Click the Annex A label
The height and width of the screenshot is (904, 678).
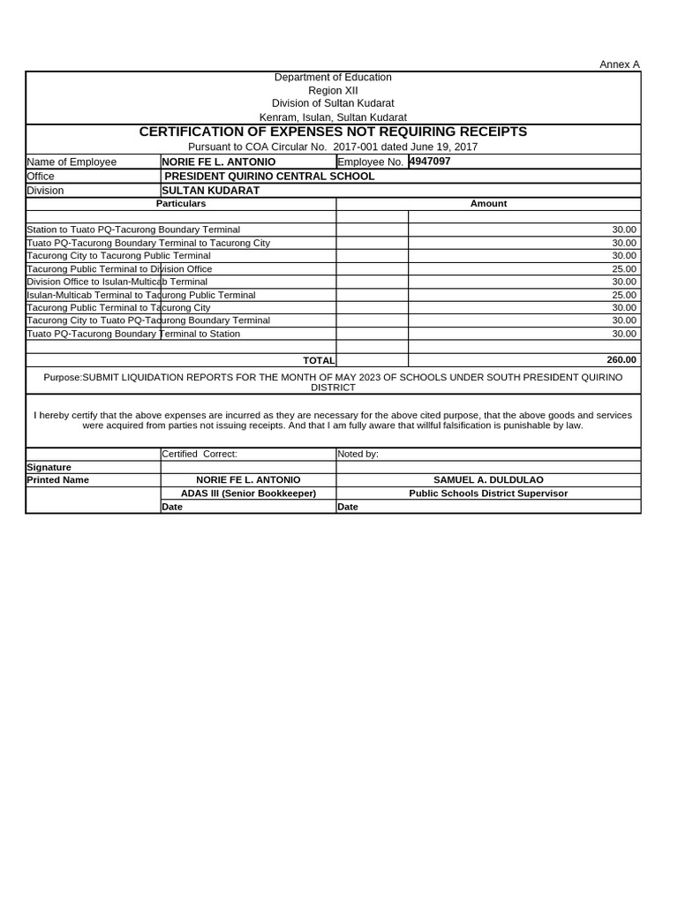(x=619, y=64)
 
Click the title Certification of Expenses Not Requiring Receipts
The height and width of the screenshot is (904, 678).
(x=333, y=132)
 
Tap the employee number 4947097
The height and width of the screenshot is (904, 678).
(x=430, y=162)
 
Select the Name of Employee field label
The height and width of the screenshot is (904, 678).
(x=72, y=162)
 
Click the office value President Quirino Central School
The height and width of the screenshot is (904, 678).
(x=269, y=177)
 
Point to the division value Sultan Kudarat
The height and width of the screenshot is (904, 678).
(x=210, y=191)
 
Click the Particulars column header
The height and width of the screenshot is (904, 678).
(x=181, y=204)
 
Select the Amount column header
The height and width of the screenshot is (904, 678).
(x=488, y=204)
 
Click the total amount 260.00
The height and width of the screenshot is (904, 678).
(x=621, y=360)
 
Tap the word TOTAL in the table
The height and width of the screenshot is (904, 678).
(x=319, y=360)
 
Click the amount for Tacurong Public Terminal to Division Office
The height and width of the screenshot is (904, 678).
(x=623, y=268)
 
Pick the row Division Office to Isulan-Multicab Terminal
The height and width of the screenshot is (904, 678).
(x=117, y=282)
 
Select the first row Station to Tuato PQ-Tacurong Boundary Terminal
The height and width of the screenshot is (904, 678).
(x=133, y=230)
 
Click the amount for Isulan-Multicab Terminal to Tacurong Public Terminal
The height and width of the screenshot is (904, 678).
(x=623, y=295)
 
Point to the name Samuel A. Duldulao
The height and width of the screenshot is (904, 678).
(x=488, y=480)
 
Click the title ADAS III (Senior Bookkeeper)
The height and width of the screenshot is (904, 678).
(x=248, y=493)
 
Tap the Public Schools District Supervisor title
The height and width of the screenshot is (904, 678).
(x=488, y=493)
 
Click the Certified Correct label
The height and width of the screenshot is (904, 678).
(x=200, y=454)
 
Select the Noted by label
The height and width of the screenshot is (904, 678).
(x=358, y=454)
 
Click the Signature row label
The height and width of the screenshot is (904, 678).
(x=49, y=467)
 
